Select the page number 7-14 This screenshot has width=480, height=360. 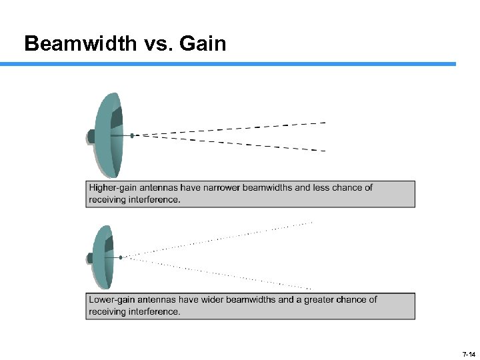coord(469,353)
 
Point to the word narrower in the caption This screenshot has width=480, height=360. coord(219,188)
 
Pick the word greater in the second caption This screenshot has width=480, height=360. coord(319,300)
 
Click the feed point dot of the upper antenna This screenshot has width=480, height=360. coord(132,135)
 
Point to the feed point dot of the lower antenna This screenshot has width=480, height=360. coord(121,257)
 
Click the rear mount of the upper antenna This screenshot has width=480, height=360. coord(91,136)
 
